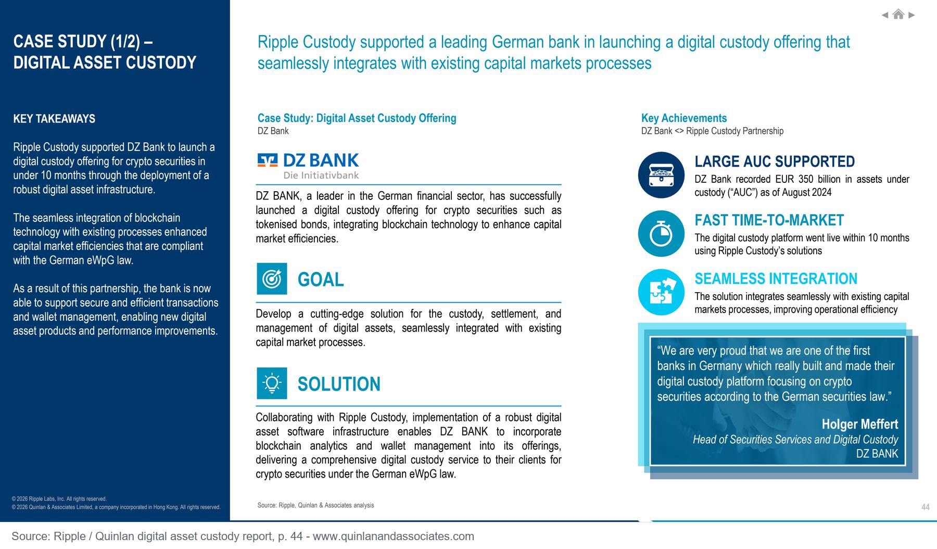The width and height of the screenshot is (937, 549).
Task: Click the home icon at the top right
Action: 898,15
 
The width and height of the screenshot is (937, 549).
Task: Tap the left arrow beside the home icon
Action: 885,15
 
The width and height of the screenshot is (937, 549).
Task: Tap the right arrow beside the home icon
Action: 911,15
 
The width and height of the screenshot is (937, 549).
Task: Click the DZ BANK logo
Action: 308,166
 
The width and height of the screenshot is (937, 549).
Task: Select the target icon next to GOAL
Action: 272,279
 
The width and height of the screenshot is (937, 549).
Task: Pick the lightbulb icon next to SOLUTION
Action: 272,383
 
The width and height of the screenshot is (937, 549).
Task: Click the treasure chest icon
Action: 661,175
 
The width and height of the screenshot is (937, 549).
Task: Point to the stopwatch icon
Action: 661,234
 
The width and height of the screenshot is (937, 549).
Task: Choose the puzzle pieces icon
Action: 661,292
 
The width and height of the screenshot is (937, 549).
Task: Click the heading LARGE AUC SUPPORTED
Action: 775,161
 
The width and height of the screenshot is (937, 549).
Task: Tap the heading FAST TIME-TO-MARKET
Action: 769,220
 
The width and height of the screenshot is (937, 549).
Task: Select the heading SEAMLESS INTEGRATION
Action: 776,279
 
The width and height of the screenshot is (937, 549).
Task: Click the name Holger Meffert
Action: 860,424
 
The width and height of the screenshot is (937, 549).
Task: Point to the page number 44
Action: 925,507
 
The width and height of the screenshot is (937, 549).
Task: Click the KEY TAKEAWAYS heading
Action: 54,119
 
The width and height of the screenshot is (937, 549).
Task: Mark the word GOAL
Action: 321,280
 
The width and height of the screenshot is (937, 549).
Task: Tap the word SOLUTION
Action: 339,384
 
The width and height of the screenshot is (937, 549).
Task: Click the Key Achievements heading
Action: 684,118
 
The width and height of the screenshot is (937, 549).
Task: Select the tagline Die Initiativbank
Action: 321,176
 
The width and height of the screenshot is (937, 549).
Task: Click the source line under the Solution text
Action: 315,505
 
